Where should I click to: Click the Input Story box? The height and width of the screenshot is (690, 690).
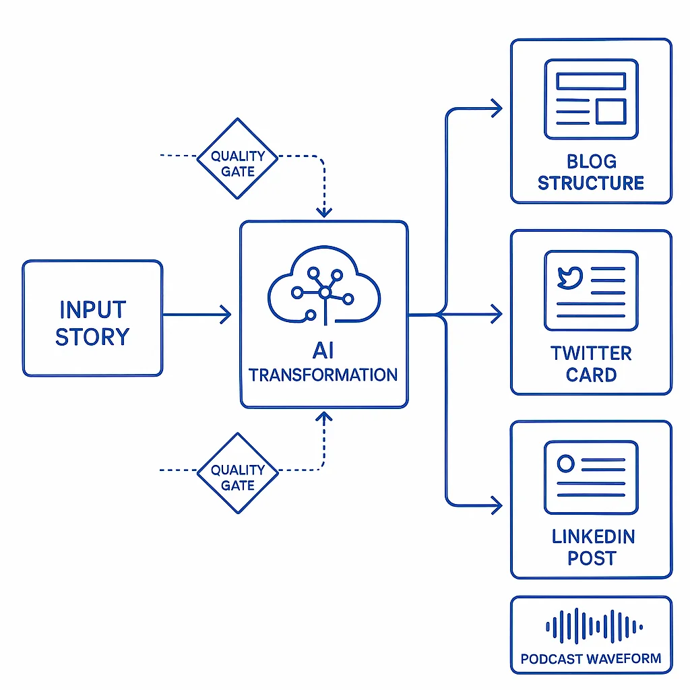coord(92,318)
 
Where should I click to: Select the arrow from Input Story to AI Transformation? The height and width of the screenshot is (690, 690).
coord(199,315)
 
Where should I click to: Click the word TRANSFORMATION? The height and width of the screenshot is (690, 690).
coord(323,375)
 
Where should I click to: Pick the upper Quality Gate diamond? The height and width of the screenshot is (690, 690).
coord(237,159)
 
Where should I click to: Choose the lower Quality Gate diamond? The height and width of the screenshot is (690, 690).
coord(237,473)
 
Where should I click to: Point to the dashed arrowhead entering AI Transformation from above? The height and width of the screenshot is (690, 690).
coord(324,212)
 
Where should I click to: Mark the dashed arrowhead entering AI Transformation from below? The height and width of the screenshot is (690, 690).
coord(324,418)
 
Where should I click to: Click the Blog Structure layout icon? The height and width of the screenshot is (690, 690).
coord(591,99)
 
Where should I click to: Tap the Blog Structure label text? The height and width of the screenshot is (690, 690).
coord(591,172)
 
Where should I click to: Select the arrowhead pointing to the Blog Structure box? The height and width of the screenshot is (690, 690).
coord(497,108)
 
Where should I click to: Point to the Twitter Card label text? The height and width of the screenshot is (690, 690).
coord(591,364)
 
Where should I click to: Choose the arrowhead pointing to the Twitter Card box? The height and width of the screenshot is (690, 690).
coord(497,314)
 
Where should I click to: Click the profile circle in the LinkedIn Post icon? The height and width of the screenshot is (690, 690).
coord(566,463)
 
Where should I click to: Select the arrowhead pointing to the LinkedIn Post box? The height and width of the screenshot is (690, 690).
coord(497,504)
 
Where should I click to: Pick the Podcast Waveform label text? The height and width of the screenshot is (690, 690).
coord(591,658)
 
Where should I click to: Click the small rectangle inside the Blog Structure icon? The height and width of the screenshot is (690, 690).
coord(610,111)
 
